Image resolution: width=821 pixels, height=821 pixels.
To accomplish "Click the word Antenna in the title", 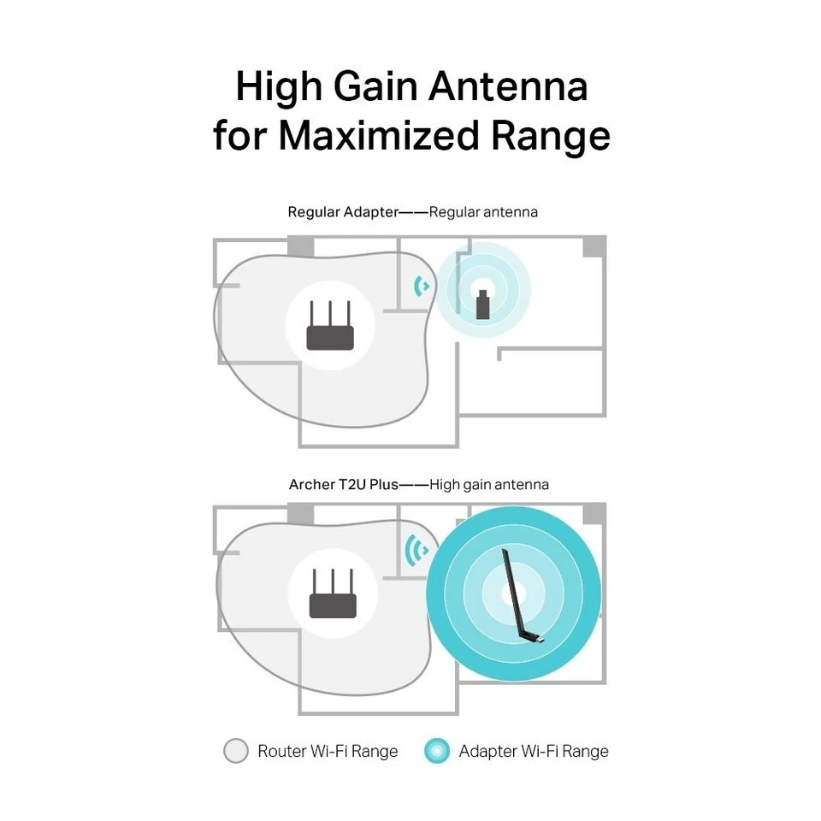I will point(508,87).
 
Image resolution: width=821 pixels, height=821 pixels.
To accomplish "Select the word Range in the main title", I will point(557,137).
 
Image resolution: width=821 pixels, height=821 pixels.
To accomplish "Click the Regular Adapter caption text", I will point(343,211).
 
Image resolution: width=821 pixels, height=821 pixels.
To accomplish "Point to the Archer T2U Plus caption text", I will point(344,485).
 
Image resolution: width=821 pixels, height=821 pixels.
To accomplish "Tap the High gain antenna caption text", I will point(489,485).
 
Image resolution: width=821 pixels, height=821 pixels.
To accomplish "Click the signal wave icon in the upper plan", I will point(421,286).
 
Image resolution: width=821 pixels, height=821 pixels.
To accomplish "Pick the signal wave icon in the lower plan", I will point(418,550).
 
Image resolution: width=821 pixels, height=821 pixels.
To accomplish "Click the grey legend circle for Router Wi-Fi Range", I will point(235,752).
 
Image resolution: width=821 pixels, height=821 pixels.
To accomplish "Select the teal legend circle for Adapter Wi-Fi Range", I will point(437,752).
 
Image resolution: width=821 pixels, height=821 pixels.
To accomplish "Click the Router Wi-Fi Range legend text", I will point(328,752).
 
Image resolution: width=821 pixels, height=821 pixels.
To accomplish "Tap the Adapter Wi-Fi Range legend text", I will point(534,752).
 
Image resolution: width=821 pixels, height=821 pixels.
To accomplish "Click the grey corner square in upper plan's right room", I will point(594,246).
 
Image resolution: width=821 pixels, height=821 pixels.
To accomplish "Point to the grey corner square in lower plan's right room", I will point(594,513).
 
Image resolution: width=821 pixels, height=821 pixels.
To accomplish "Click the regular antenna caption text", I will point(483,211).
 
